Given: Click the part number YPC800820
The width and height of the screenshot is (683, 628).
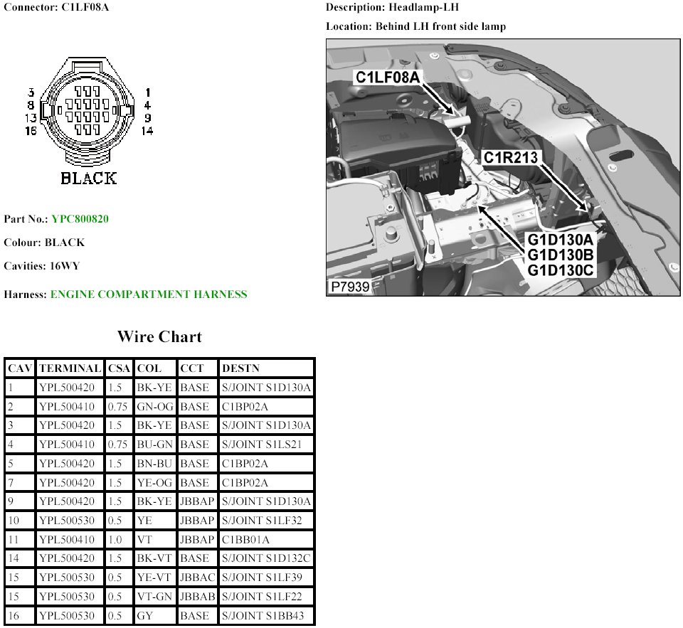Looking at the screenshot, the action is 80,218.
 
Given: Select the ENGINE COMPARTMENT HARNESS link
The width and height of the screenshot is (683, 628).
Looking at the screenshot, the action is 149,294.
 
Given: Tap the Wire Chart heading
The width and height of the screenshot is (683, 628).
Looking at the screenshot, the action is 159,336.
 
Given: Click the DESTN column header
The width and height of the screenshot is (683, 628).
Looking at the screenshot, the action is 240,368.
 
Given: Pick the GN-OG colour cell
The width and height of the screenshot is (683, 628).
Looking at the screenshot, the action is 154,407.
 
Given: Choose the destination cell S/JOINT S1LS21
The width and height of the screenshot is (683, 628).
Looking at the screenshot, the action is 261,445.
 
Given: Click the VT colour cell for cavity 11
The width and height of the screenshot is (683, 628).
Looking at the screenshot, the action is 144,540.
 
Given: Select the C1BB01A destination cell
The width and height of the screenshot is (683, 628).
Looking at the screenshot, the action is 245,540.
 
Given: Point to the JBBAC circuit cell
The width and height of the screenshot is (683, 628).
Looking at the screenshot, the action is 197,578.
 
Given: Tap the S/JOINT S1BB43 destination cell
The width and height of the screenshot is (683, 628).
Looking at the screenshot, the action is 263,616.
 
